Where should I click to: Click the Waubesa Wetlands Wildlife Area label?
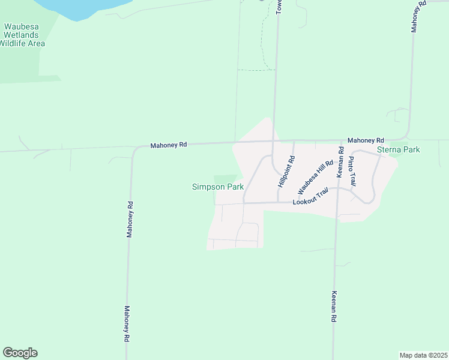point(23,35)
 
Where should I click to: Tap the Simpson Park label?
point(217,187)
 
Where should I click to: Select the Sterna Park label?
point(398,149)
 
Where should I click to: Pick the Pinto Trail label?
point(352,170)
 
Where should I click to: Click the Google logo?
point(20,353)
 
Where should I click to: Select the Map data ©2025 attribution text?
point(423,355)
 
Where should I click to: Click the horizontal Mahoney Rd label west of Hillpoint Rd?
point(169,145)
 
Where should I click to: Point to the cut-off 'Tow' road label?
point(279,7)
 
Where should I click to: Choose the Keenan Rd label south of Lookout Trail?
point(334,307)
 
